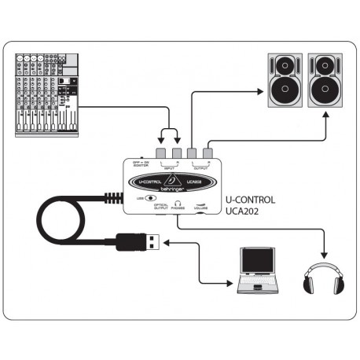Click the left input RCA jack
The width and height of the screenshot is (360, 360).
tap(161, 154)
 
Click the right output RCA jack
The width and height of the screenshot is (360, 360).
tap(207, 154)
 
